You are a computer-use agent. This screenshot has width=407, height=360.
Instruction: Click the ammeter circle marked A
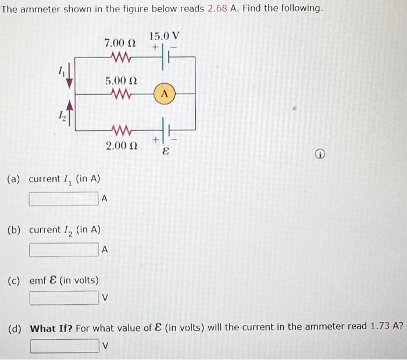pos(165,92)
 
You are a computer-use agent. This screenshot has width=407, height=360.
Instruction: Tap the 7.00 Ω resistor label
pos(120,42)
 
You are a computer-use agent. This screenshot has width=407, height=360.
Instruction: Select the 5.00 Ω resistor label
pos(120,81)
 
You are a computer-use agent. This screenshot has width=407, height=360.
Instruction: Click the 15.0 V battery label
pos(164,35)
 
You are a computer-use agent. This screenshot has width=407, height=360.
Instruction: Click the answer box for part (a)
pos(64,198)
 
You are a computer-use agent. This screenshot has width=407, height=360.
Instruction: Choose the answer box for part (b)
pos(64,249)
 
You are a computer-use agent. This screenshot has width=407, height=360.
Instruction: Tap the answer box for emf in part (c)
pos(64,298)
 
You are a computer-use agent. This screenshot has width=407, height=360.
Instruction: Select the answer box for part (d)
pos(64,345)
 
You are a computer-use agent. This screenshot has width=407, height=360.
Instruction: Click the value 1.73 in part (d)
pos(380,327)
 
